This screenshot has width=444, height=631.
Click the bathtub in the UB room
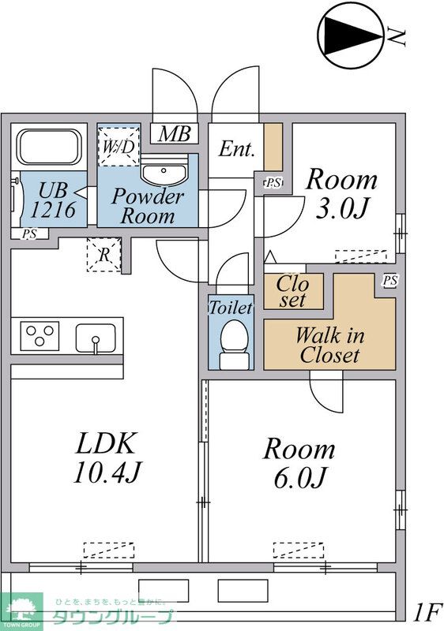(x=49, y=147)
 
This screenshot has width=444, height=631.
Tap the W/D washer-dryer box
(x=119, y=147)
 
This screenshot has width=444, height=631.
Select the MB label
(x=174, y=133)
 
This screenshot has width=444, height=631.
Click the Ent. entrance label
(x=237, y=149)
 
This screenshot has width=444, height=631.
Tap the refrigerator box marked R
(x=104, y=255)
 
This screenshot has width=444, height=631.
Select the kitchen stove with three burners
(x=40, y=336)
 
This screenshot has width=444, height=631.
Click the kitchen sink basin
(x=96, y=338)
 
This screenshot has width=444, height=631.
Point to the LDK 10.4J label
(x=107, y=457)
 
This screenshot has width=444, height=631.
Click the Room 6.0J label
(x=299, y=463)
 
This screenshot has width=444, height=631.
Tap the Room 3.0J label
(x=341, y=193)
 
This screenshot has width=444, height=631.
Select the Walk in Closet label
(x=329, y=345)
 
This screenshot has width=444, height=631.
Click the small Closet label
(x=293, y=292)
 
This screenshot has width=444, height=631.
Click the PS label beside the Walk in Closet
(x=390, y=280)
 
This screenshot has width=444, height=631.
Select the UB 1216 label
(x=53, y=200)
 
